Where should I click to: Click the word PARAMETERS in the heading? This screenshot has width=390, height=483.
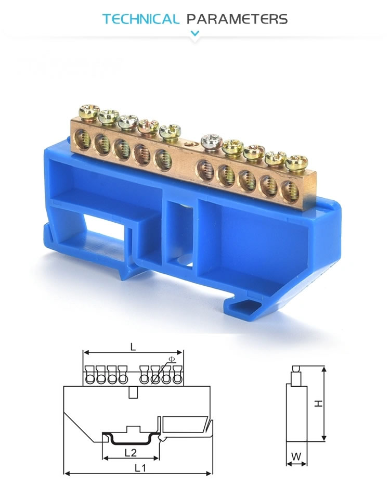237,20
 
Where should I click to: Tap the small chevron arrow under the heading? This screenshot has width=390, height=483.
195,34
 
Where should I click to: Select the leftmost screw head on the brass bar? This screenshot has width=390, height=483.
88,111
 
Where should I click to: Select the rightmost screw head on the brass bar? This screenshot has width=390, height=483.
296,162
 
